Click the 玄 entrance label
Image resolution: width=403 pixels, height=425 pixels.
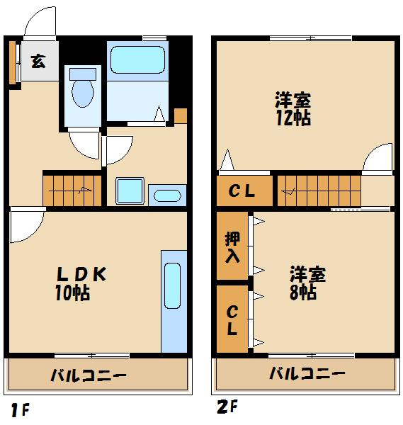click(38, 61)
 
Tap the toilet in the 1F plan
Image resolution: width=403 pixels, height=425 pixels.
click(82, 91)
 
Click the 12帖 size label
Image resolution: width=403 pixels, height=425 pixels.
click(293, 118)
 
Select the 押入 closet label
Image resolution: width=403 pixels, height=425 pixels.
click(232, 246)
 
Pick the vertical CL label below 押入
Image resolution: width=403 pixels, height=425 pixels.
click(232, 320)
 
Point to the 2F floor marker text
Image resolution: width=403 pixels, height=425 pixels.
click(226, 407)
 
